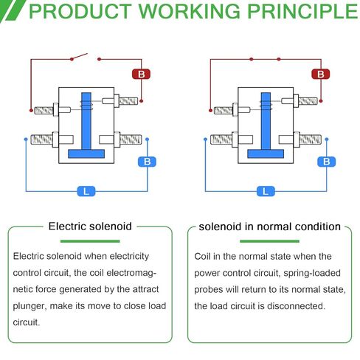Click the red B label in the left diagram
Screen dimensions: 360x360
tap(141, 74)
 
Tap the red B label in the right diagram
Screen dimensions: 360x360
tap(321, 74)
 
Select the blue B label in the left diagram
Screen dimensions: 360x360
tap(147, 162)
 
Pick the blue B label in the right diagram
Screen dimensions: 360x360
tap(327, 162)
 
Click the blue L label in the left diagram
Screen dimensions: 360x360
tap(86, 191)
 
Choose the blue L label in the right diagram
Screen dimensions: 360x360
tap(266, 191)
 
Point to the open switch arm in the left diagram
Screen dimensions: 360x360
tap(80, 56)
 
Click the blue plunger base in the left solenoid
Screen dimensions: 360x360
tap(86, 153)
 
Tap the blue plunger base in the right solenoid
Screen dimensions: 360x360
tap(266, 153)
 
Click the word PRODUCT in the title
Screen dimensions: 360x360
tap(80, 11)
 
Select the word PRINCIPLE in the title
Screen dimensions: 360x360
tap(302, 11)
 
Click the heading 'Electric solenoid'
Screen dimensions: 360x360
tap(90, 226)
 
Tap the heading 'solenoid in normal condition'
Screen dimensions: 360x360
tap(269, 226)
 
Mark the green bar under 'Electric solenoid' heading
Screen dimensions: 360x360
tap(90, 241)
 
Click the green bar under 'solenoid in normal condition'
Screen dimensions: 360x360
tap(269, 241)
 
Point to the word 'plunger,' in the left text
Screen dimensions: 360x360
tap(30, 306)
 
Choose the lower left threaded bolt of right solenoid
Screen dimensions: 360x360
tap(221, 139)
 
